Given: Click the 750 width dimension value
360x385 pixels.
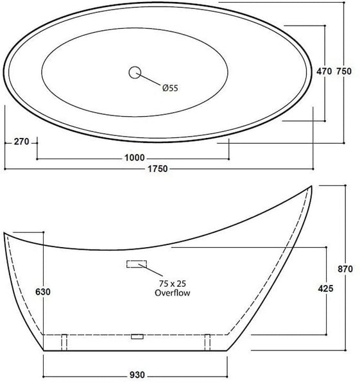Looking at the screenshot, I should pos(344,73).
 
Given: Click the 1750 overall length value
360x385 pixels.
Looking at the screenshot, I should pos(157,169).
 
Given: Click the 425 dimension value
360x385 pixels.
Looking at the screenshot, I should pos(325,289).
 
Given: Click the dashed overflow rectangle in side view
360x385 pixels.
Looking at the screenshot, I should pos(137,264).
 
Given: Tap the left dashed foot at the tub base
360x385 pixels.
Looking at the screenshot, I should pos(64,342).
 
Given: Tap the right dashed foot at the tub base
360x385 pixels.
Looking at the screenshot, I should pos(207,342).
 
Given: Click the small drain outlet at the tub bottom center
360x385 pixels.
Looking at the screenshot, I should pos(135,336).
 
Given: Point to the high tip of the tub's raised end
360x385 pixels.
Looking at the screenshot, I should pos(312,187).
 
